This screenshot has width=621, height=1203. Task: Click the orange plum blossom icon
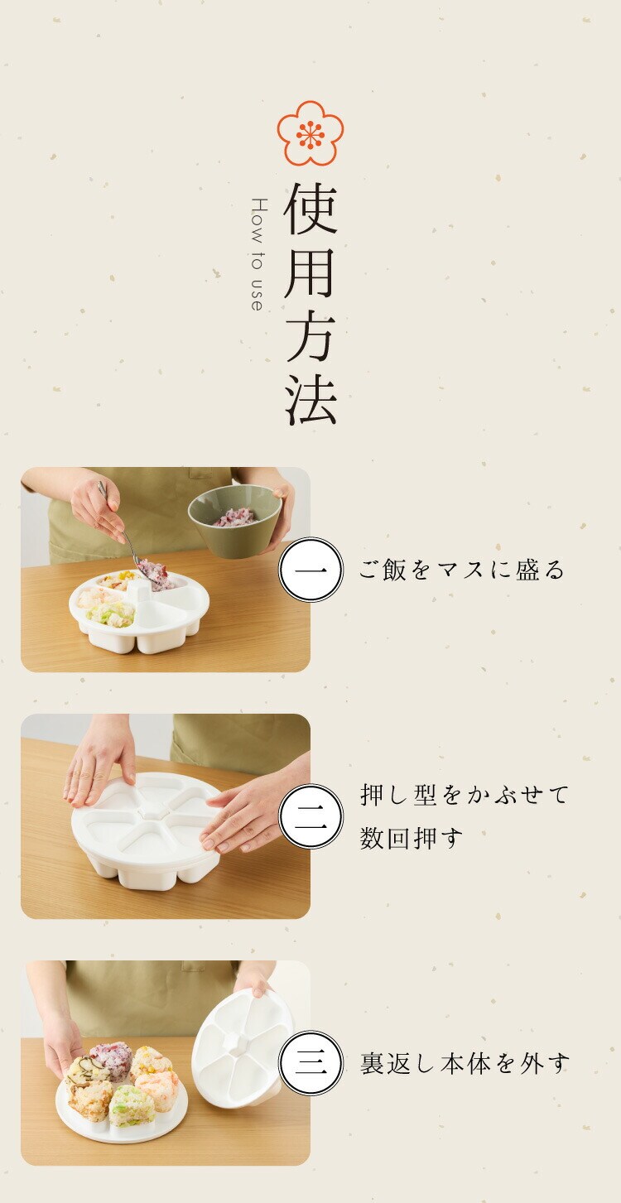310,132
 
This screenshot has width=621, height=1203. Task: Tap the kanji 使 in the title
310,208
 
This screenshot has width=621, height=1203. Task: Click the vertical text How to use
258,254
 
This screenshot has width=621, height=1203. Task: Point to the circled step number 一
310,570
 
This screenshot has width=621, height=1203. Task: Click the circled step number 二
310,816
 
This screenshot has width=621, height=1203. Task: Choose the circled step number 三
310,1063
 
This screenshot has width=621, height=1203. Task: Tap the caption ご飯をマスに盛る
462,570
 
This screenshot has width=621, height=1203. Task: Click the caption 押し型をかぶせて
465,795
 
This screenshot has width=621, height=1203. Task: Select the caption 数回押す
411,839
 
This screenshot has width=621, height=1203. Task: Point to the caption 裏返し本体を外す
465,1063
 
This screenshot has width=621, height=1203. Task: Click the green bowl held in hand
235,520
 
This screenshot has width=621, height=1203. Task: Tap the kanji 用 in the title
310,272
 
